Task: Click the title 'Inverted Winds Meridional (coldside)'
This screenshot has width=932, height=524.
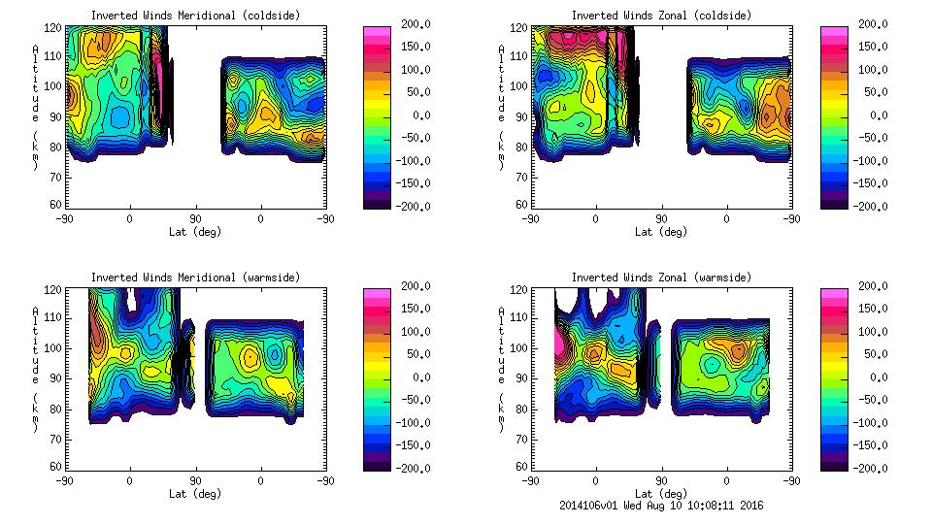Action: (195, 16)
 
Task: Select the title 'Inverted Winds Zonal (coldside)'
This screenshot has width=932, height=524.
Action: (661, 16)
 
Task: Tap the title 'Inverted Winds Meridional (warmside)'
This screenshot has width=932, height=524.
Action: (195, 278)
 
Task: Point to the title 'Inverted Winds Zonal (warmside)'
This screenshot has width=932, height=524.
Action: (661, 278)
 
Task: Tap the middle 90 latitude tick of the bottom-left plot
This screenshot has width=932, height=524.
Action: (195, 480)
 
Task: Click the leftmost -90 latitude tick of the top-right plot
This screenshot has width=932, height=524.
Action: (530, 218)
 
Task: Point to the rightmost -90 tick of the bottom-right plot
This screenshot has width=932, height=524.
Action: (791, 480)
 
